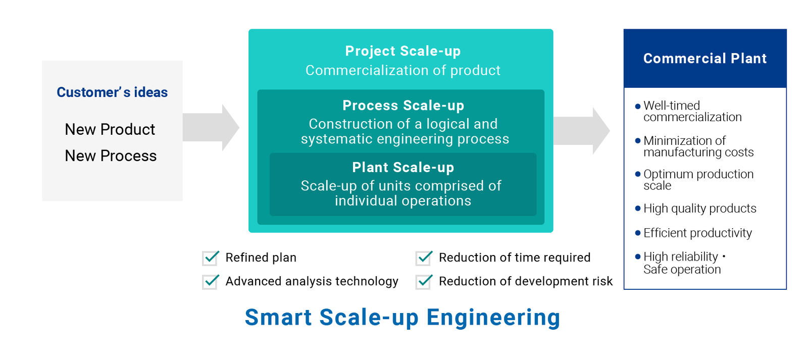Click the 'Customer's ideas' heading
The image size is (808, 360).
coord(112,92)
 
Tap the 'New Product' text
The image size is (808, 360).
coord(110,129)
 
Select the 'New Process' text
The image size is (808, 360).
coord(111,156)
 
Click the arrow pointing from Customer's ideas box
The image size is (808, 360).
coord(211,127)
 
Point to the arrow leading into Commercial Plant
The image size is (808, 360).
coord(581,131)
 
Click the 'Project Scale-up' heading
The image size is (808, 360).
coord(403,51)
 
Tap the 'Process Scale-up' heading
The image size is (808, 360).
coord(403,106)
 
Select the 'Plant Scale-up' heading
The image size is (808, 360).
coord(403,167)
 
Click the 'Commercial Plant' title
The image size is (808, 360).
coord(705,59)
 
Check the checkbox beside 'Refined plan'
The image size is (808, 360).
coord(210,258)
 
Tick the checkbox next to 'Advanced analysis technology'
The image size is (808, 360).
coord(210,282)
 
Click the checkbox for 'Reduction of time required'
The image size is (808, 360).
coord(423,258)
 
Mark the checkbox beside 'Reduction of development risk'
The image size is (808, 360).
coord(423,282)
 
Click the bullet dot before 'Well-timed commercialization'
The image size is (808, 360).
coord(638,107)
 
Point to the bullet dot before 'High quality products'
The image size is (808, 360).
coord(638,209)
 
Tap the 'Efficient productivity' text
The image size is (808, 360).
coord(697,233)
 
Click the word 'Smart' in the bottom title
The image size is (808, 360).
coord(278,318)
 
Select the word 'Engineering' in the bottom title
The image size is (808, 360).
coord(493,318)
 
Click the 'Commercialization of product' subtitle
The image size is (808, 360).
coord(403,70)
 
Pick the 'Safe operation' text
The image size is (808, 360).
coord(682,270)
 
